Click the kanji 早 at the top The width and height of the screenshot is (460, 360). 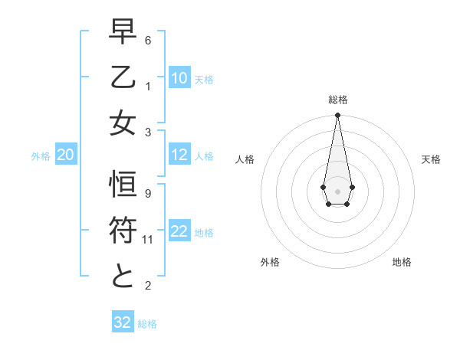pyautogui.click(x=123, y=33)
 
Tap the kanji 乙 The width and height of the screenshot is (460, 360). pyautogui.click(x=123, y=77)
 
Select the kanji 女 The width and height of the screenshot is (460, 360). pyautogui.click(x=123, y=123)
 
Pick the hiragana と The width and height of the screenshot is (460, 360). pyautogui.click(x=123, y=277)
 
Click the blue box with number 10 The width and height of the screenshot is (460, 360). pyautogui.click(x=179, y=78)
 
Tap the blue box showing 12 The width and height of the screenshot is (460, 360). pyautogui.click(x=179, y=155)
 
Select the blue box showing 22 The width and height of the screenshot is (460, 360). pyautogui.click(x=179, y=231)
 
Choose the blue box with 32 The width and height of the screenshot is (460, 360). pyautogui.click(x=123, y=322)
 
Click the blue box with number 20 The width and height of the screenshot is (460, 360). pyautogui.click(x=65, y=155)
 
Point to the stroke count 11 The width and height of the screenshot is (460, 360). pyautogui.click(x=148, y=240)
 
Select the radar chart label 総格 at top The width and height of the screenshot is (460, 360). pyautogui.click(x=337, y=100)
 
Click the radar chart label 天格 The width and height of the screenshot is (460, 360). pyautogui.click(x=432, y=159)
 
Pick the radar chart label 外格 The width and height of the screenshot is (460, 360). pyautogui.click(x=270, y=262)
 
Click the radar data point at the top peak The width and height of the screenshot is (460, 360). pyautogui.click(x=337, y=116)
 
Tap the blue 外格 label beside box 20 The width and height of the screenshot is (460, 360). pyautogui.click(x=41, y=155)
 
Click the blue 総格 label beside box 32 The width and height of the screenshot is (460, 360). pyautogui.click(x=147, y=323)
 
